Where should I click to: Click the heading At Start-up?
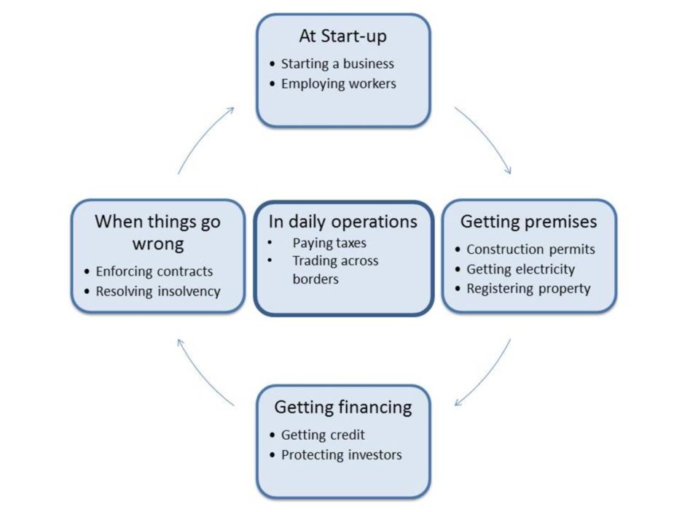[342, 36]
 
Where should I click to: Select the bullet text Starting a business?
[337, 64]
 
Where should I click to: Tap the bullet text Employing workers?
[338, 84]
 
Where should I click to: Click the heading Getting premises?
[528, 222]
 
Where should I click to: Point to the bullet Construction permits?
[530, 249]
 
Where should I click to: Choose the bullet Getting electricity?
[521, 269]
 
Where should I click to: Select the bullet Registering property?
[528, 289]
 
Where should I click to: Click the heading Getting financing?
[343, 408]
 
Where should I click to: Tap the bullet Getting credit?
[323, 435]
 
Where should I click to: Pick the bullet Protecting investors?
[342, 455]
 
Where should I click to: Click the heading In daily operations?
[342, 222]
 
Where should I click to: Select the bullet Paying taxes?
[329, 243]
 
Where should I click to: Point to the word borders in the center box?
[315, 279]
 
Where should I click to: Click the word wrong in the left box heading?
[158, 244]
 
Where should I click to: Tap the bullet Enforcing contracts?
[154, 271]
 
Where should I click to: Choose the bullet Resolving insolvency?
[158, 291]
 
